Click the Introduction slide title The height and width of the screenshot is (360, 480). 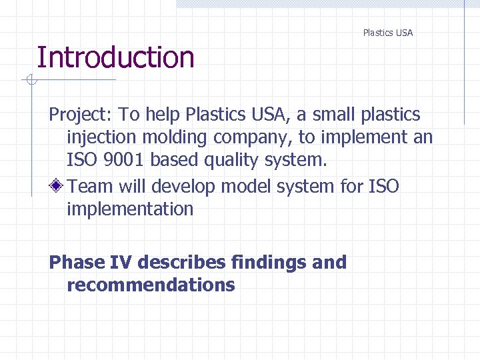coord(115,57)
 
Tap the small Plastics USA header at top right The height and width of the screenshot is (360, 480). coord(387,33)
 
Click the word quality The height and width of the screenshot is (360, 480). coord(220,161)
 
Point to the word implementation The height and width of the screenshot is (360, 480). coord(129,209)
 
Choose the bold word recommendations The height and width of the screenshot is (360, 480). coord(151,285)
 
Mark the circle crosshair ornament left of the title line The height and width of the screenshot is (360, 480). coord(30,81)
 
